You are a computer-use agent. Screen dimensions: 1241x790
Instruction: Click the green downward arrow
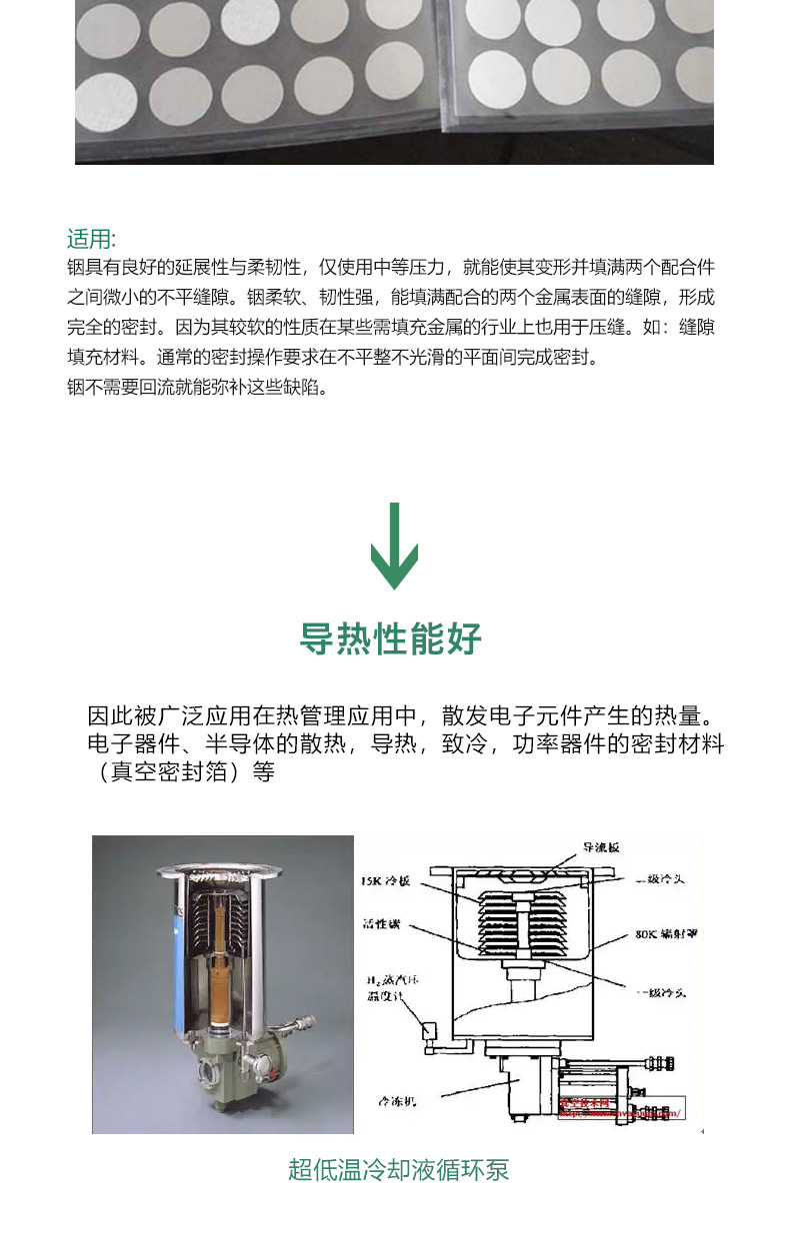(x=394, y=547)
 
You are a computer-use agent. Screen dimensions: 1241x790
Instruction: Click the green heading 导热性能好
(x=391, y=638)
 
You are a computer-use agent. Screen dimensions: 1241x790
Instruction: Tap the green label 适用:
(x=92, y=239)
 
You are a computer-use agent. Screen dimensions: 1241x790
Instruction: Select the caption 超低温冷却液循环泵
(x=398, y=1169)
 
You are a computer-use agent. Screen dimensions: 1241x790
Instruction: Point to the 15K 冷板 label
(x=385, y=882)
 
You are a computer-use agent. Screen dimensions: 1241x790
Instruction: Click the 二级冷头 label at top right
(x=659, y=880)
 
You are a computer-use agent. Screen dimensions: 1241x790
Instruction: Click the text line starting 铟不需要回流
(x=197, y=388)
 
